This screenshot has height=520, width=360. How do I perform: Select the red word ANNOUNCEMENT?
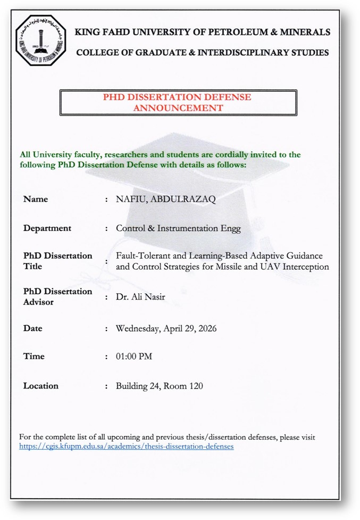point(178,108)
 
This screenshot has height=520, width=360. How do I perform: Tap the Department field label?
point(47,228)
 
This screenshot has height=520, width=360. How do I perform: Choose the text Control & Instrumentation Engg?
point(178,228)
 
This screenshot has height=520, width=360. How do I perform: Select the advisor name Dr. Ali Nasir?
point(140,296)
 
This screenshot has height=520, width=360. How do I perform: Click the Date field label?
point(32,328)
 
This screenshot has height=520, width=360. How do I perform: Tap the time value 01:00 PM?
point(134,357)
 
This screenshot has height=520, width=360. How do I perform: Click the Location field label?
point(41,386)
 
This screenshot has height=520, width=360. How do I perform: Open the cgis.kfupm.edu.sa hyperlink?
point(126,447)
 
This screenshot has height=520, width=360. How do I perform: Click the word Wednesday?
point(137,328)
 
